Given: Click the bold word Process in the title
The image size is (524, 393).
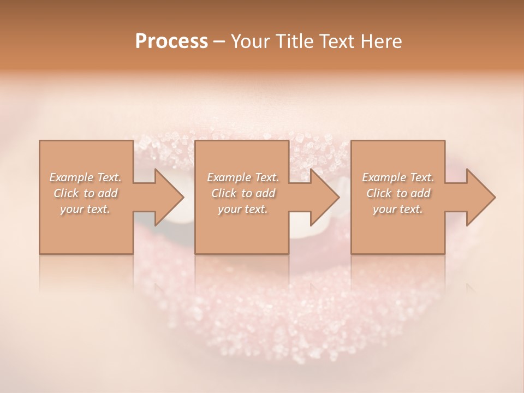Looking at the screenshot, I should click(x=171, y=41).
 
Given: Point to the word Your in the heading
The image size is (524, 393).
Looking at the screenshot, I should click(x=249, y=41).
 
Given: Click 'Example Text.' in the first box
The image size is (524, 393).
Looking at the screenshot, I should click(x=85, y=177).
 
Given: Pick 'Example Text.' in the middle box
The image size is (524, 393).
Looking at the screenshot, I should click(x=243, y=177).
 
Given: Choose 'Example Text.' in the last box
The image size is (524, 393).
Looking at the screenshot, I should click(x=398, y=177).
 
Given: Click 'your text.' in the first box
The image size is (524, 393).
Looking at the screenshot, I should click(x=85, y=209).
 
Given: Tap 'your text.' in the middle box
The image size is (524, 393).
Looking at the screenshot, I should click(x=243, y=209).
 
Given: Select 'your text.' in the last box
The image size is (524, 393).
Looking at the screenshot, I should click(x=398, y=209).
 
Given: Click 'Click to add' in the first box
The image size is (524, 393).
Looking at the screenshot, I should click(x=85, y=193).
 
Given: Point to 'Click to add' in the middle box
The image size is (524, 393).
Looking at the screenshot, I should click(x=243, y=193).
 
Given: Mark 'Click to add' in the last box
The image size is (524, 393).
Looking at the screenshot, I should click(x=398, y=193).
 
